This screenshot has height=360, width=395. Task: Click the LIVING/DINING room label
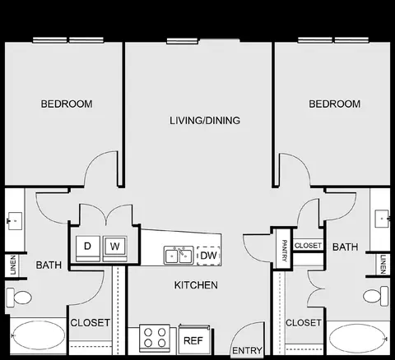coord(205,121)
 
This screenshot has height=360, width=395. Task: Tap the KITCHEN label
coord(196,285)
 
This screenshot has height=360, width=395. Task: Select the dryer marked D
coord(87,248)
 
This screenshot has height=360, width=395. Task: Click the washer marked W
coord(115,248)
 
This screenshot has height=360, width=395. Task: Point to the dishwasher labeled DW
coord(208,256)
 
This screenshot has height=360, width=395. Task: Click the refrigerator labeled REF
coord(194,339)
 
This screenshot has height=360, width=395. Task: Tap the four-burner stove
coord(155,339)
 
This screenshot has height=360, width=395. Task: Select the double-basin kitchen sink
coord(179,256)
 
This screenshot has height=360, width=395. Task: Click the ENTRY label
coord(247,350)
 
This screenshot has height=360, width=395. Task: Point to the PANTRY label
coord(285,251)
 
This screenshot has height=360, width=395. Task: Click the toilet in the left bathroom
coord(19,298)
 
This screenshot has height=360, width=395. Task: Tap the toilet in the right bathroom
coord(376,296)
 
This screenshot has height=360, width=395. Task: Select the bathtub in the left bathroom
coord(38,335)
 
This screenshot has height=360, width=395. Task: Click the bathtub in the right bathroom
coord(358,338)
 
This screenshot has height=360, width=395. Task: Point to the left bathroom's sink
coord(14,221)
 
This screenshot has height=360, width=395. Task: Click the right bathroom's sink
coord(382,219)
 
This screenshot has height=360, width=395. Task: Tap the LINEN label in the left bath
coord(13,265)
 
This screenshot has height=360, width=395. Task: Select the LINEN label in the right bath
coord(383,264)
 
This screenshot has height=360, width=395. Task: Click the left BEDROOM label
coord(67,104)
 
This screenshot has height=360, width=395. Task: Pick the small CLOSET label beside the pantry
coord(308,246)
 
